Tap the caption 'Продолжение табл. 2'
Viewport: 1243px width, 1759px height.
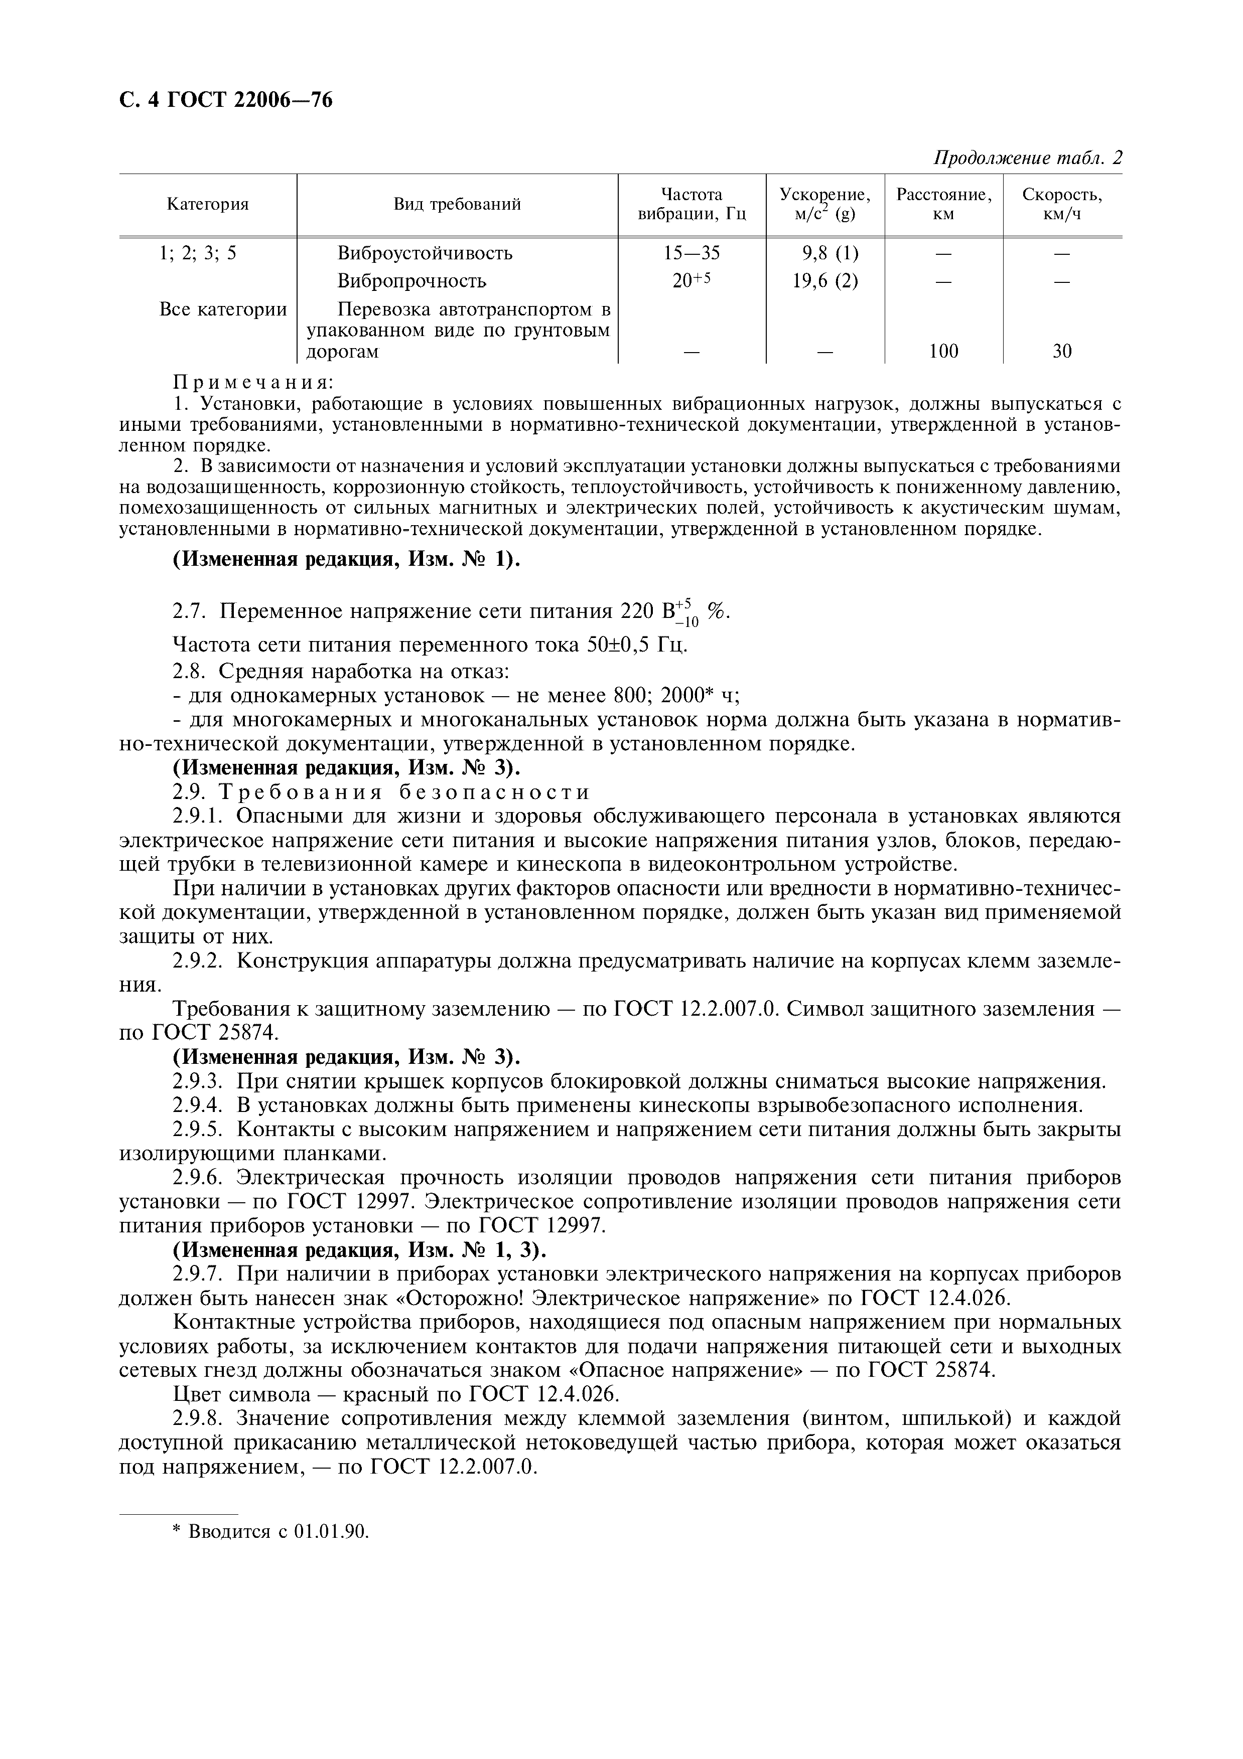click(1027, 158)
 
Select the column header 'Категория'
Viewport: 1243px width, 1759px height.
click(208, 205)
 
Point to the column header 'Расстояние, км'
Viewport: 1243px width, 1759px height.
click(943, 205)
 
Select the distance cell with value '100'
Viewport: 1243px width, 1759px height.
click(943, 352)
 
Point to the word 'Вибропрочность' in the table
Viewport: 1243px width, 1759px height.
click(411, 281)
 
